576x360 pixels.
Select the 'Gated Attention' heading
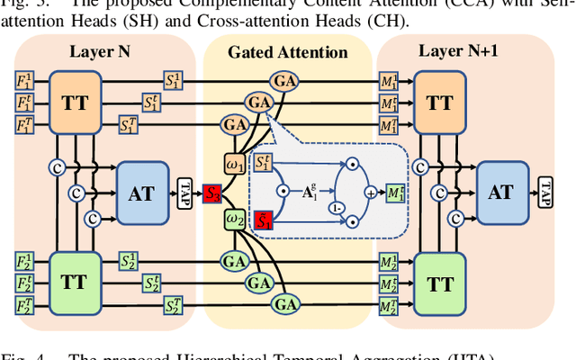click(287, 52)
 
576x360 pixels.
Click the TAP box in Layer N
click(185, 192)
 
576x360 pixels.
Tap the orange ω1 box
click(236, 166)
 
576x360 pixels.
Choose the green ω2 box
click(236, 219)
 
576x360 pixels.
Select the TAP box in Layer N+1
click(546, 192)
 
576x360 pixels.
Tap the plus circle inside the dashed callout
click(371, 192)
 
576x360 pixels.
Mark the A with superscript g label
click(307, 192)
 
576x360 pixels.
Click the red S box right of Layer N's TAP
click(213, 192)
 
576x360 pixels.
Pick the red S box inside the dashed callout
click(265, 219)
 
